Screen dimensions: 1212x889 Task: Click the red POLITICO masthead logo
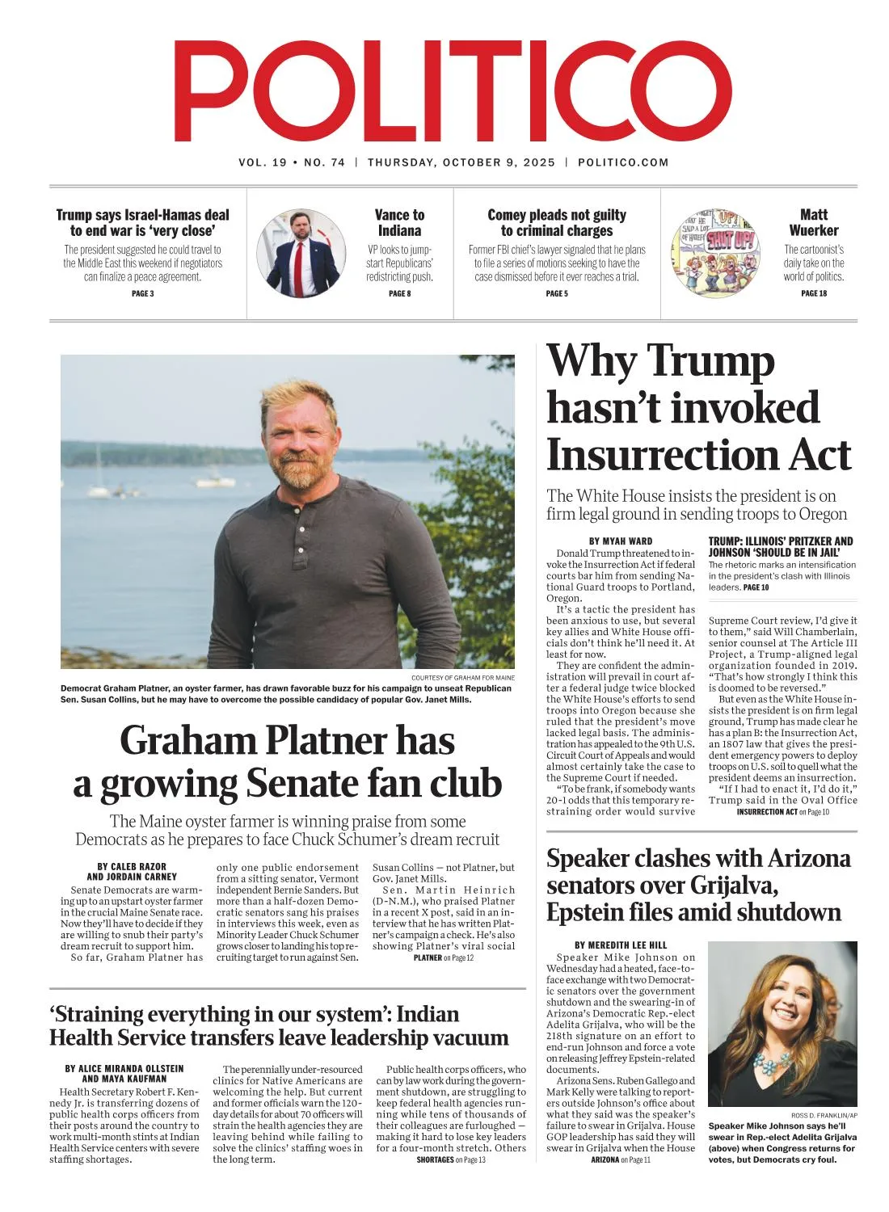click(x=453, y=91)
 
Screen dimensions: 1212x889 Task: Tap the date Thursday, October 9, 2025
click(x=461, y=162)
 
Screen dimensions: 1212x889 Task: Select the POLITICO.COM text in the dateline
click(x=623, y=162)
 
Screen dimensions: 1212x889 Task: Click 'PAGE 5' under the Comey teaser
click(x=556, y=293)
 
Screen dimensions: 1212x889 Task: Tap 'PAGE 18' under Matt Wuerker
click(x=813, y=293)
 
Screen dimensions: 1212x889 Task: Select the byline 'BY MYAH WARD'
click(x=621, y=541)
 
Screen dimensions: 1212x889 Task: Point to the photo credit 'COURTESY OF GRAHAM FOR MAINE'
click(x=462, y=677)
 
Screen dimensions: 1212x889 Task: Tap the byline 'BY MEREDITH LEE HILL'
click(x=621, y=945)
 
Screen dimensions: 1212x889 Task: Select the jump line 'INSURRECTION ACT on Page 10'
click(x=782, y=811)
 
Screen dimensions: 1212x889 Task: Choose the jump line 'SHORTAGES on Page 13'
click(x=451, y=1159)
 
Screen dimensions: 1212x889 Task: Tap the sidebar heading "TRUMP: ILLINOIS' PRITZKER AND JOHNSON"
click(x=781, y=546)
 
